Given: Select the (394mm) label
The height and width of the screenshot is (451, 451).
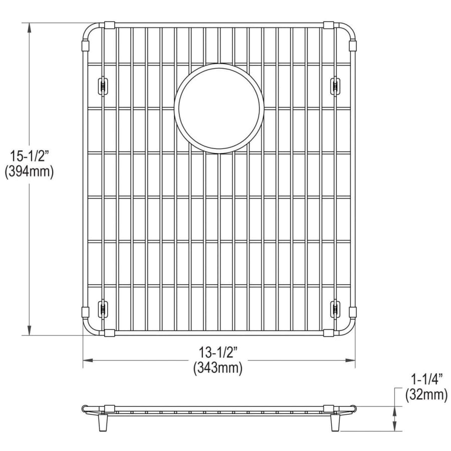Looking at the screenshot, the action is (x=29, y=172).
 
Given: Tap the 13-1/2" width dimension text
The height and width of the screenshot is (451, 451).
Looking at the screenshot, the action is (x=218, y=352).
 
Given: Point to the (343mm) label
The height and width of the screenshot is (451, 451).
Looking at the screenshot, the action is (x=218, y=368).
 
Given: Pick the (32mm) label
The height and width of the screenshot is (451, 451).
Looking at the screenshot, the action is (x=426, y=395).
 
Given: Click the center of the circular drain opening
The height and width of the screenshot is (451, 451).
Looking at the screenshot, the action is (x=219, y=109).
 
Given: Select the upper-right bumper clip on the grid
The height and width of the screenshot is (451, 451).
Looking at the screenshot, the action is (x=335, y=86).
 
